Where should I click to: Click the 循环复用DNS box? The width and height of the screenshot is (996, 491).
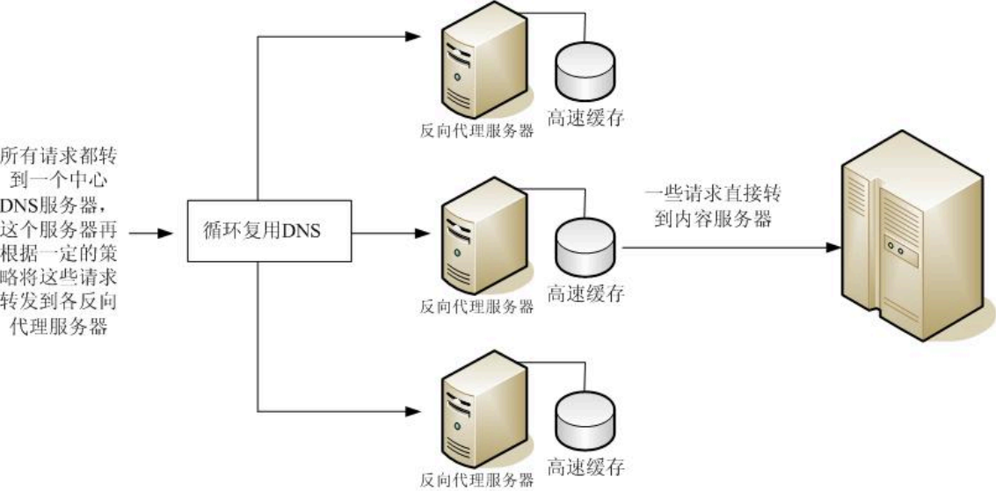click(x=258, y=232)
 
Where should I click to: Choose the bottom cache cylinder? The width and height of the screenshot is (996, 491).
click(x=585, y=420)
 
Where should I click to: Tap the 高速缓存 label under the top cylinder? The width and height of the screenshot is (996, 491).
click(x=585, y=118)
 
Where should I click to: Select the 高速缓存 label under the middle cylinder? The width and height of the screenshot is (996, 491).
click(x=585, y=292)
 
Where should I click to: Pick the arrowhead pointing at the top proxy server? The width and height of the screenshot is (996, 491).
click(x=413, y=36)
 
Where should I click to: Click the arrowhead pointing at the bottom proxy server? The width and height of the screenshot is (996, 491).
click(x=413, y=410)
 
